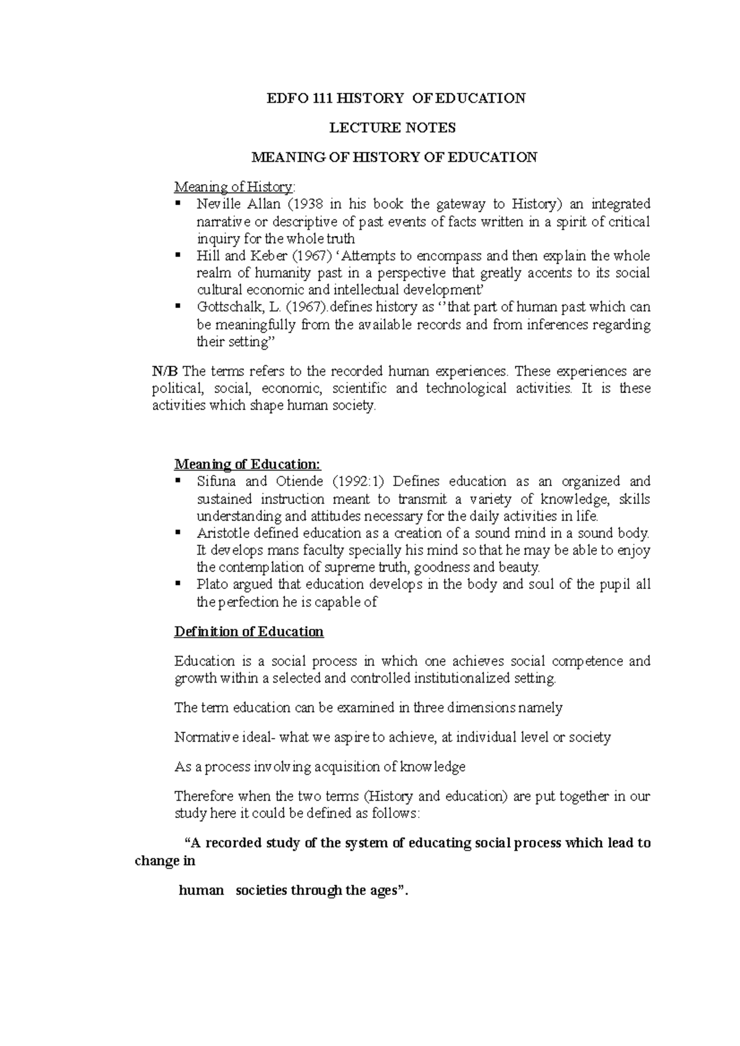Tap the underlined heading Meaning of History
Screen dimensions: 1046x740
[234, 186]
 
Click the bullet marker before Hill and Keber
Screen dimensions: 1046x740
[178, 254]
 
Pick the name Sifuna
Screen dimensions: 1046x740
[215, 482]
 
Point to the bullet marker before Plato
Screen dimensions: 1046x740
[178, 583]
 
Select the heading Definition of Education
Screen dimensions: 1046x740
[249, 632]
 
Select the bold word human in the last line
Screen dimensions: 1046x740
[201, 891]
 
